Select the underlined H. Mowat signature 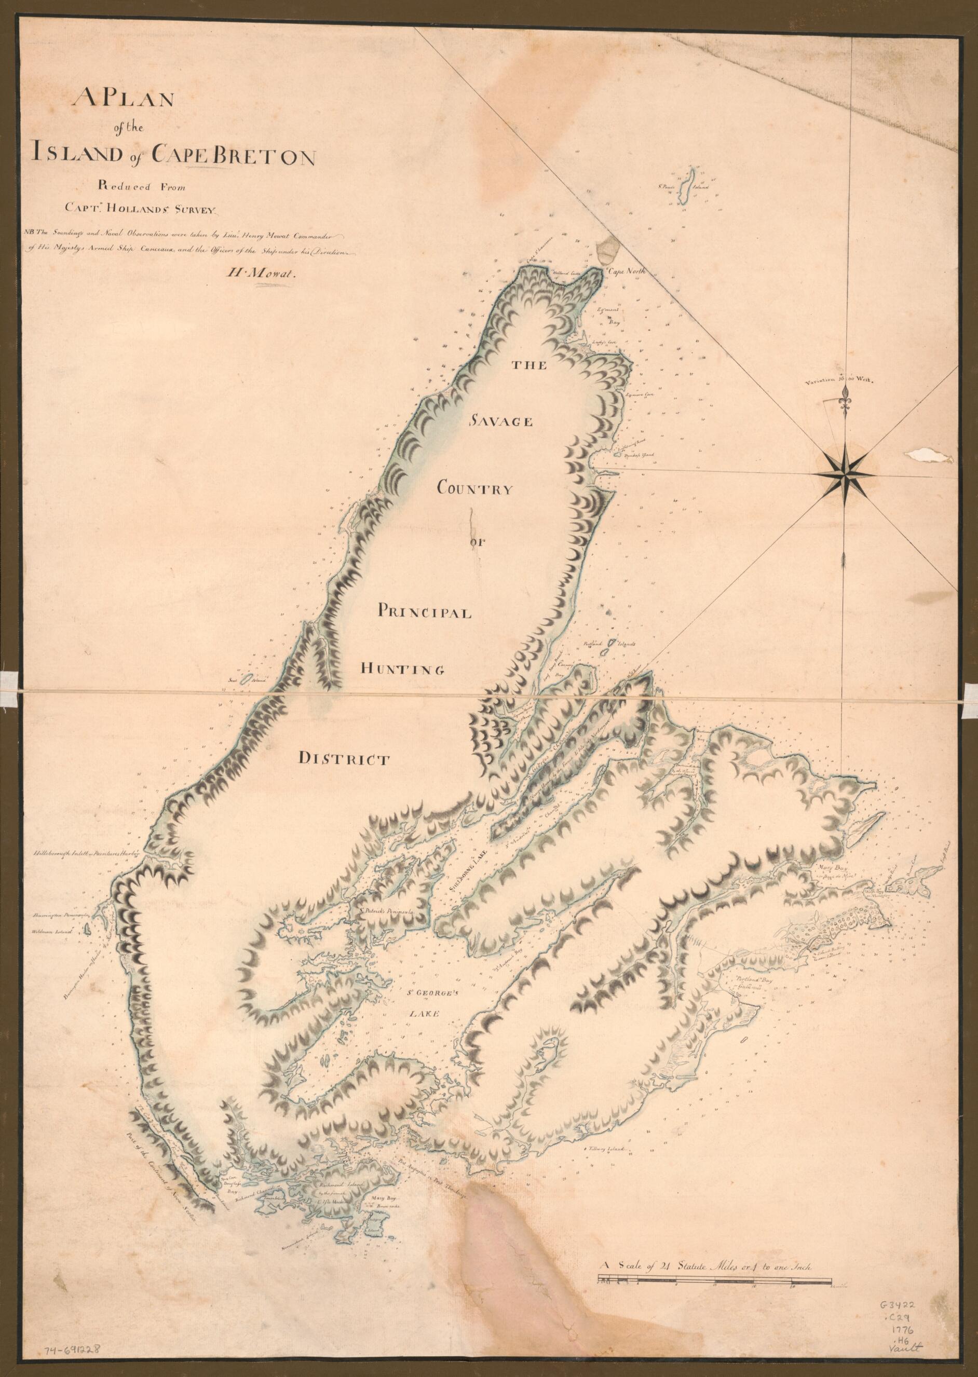[x=263, y=274]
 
